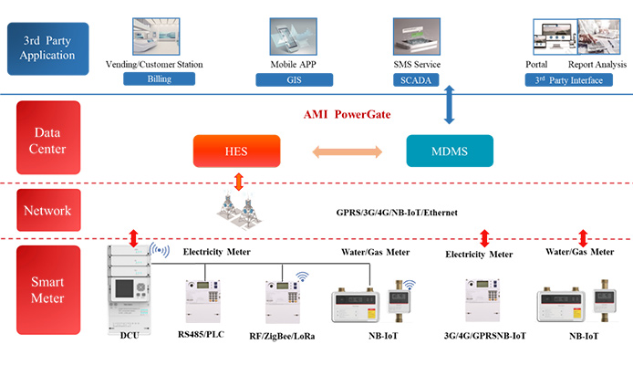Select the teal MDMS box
pos(449,151)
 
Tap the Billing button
pos(160,79)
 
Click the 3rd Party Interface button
pos(573,79)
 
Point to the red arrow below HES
pos(240,181)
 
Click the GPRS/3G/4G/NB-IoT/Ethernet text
pos(396,212)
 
